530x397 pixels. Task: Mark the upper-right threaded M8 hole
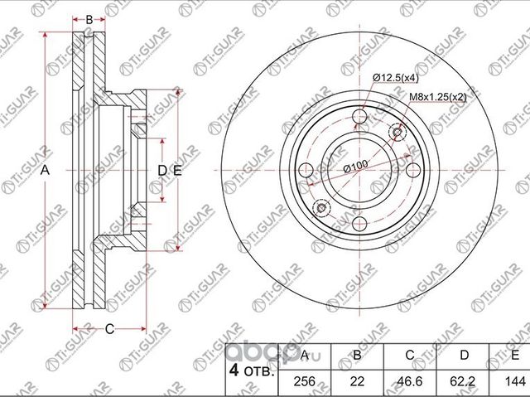[397, 133]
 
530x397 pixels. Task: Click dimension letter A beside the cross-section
[46, 170]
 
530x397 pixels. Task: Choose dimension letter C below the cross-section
[108, 329]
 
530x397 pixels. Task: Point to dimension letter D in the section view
[162, 170]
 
